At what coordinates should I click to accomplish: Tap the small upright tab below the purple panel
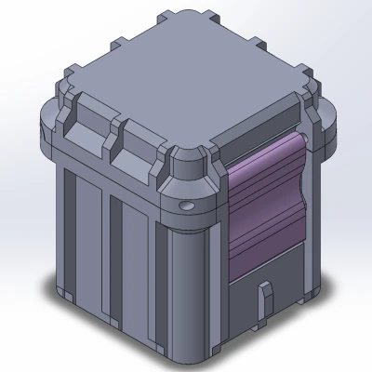264,296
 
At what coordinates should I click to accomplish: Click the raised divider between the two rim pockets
114,130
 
